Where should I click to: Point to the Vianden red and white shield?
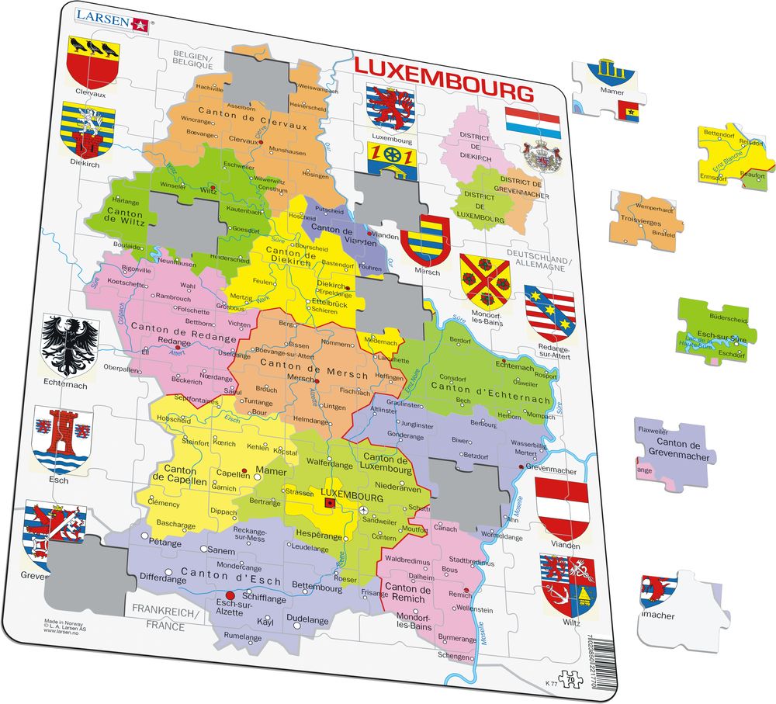tap(562, 508)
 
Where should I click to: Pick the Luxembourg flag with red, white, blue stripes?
tap(532, 123)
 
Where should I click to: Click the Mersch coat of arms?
tap(425, 240)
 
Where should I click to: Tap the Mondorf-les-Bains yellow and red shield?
tap(484, 279)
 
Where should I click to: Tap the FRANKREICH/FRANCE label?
tap(165, 619)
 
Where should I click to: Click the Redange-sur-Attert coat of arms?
tap(549, 314)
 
